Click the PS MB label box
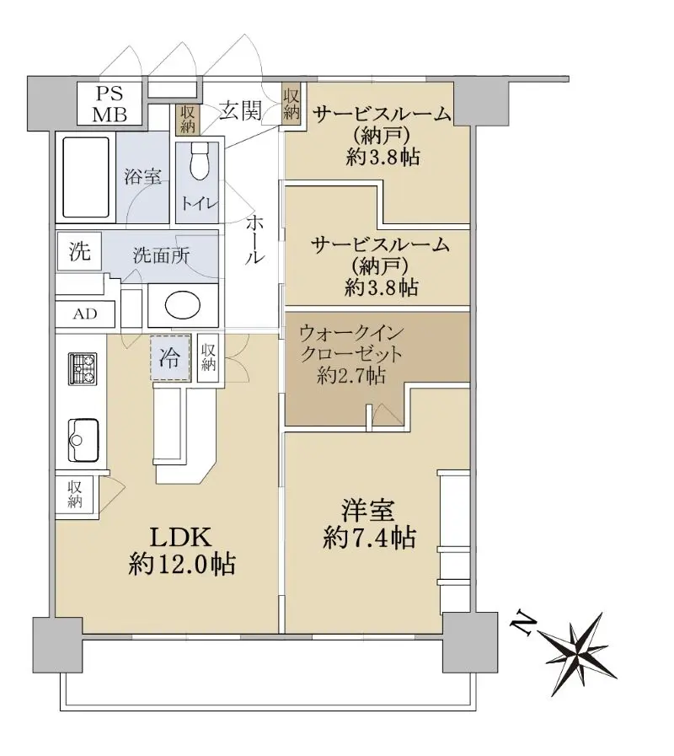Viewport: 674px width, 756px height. pos(110,104)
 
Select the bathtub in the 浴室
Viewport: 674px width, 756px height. pos(86,179)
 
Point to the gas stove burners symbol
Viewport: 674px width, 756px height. pos(83,368)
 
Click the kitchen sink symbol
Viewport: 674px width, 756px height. pos(83,440)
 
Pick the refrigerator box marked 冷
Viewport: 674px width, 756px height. pos(169,357)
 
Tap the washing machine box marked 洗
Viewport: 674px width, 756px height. pos(79,251)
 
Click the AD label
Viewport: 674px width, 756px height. pos(85,314)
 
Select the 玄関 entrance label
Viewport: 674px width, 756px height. pos(241,111)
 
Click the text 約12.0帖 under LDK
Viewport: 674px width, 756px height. pos(182,564)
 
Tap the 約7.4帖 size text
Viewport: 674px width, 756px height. pos(370,538)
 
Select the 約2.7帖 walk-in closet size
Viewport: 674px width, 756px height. pos(351,375)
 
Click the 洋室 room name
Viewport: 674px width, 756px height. pos(368,511)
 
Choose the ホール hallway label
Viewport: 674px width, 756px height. pos(254,239)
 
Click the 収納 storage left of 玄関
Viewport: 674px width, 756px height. pos(188,119)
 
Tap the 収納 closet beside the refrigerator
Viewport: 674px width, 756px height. pos(208,357)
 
